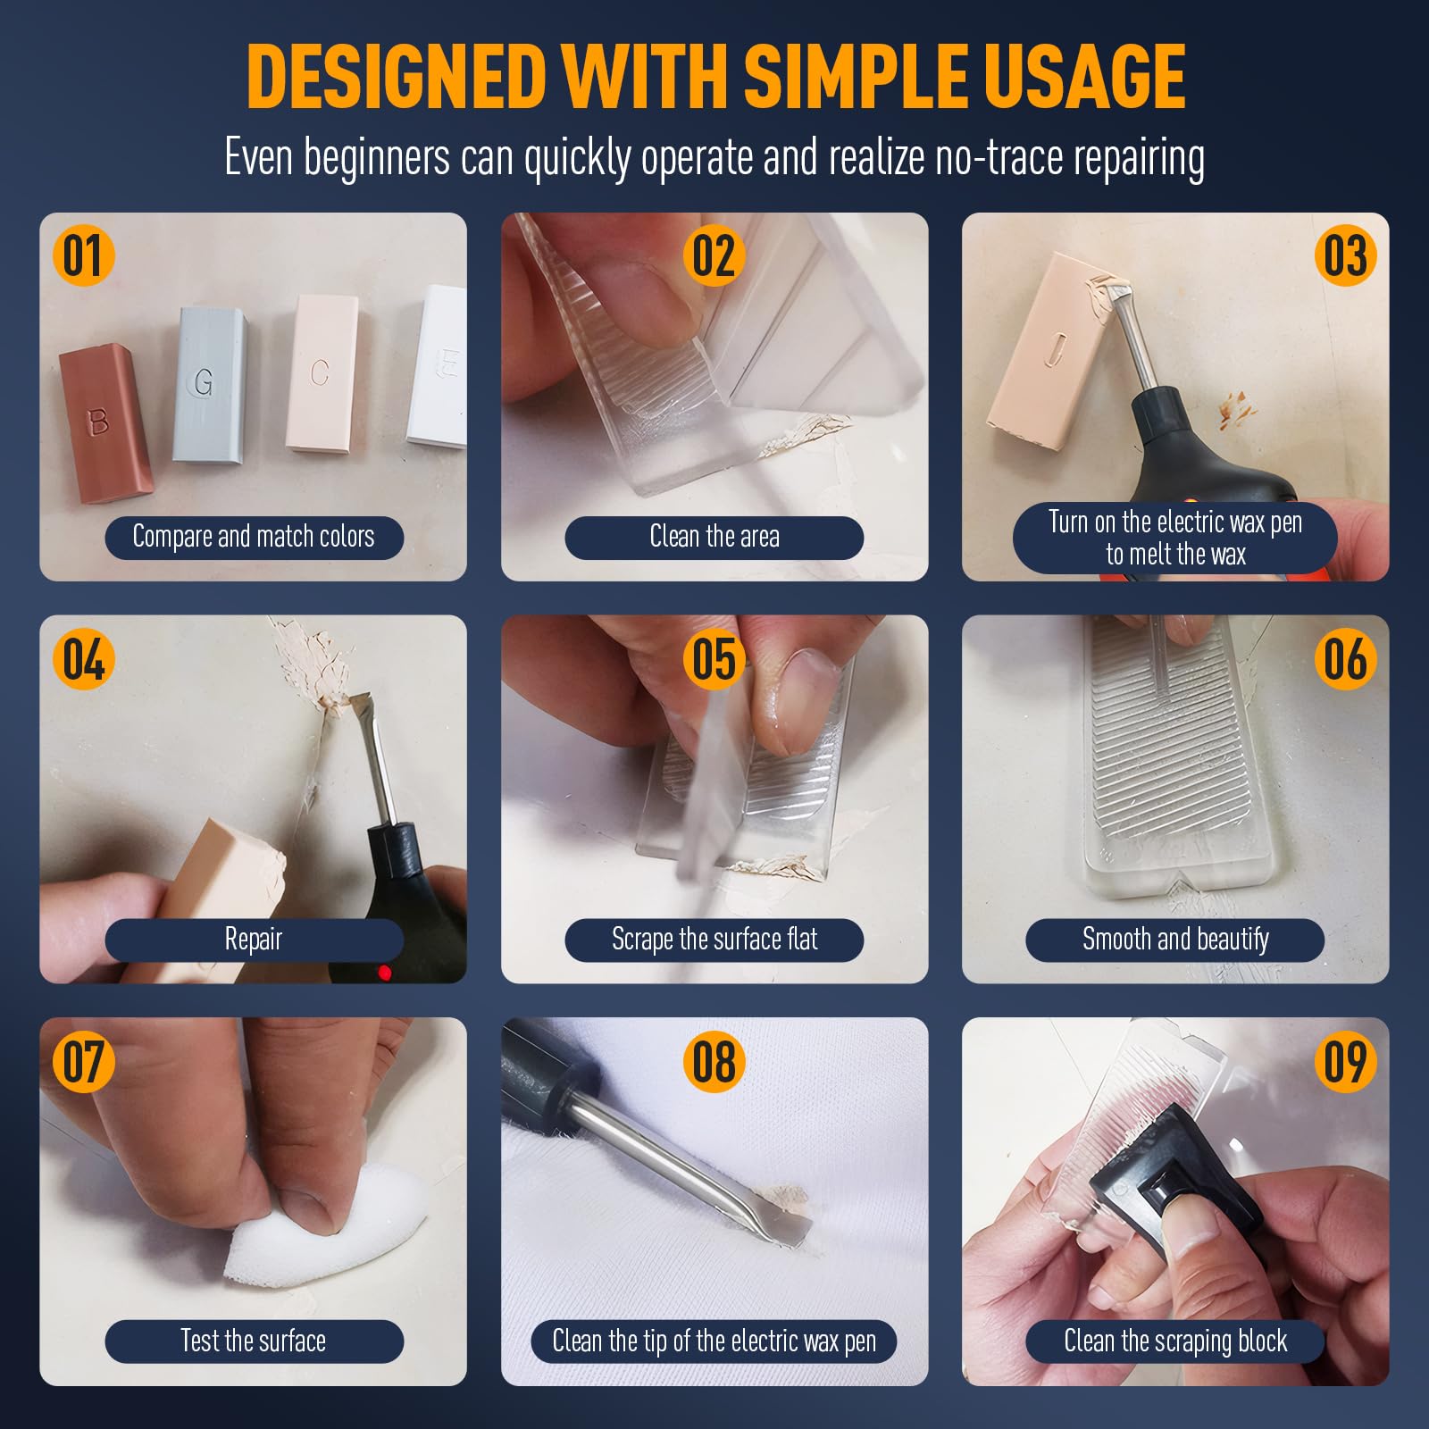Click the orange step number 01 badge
(x=83, y=256)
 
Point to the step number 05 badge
(x=714, y=660)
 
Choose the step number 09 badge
(x=1345, y=1062)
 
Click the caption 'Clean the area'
(x=714, y=537)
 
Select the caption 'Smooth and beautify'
(x=1175, y=940)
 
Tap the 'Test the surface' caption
(x=254, y=1341)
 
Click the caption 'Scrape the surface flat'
(x=714, y=940)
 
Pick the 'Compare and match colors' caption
(x=254, y=537)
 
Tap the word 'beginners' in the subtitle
(x=376, y=158)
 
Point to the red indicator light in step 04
(x=385, y=972)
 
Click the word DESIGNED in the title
(x=397, y=77)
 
